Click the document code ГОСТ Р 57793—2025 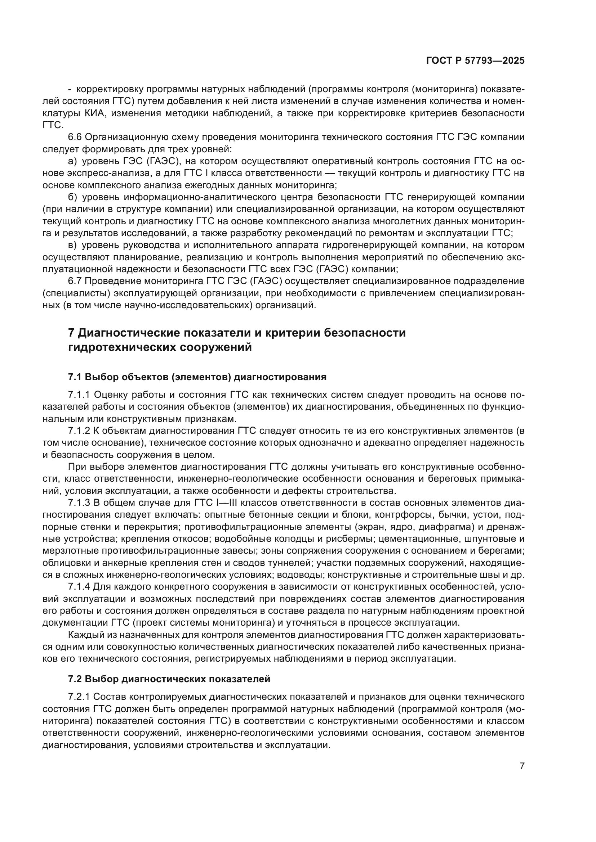point(475,60)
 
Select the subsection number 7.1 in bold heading point(75,377)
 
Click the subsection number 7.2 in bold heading point(75,679)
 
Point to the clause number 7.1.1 point(79,395)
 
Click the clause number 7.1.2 point(79,431)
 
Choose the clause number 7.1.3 point(79,503)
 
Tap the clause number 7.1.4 point(79,587)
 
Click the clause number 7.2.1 point(79,697)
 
